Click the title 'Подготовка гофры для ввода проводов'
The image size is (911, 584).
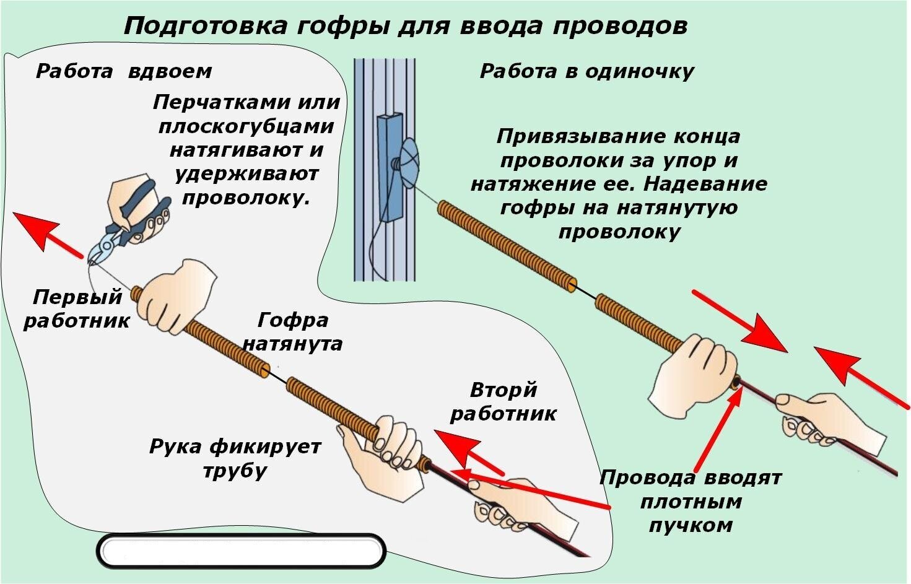[405, 26]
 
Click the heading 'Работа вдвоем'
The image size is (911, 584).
[124, 71]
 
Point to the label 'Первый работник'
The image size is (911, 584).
[77, 308]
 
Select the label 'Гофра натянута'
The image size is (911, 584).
[292, 331]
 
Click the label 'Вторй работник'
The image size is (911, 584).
[503, 401]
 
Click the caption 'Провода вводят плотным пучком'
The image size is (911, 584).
[691, 502]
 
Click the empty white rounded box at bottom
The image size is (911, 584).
[241, 551]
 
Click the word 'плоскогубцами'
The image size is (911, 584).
[246, 126]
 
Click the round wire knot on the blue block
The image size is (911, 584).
[409, 160]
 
